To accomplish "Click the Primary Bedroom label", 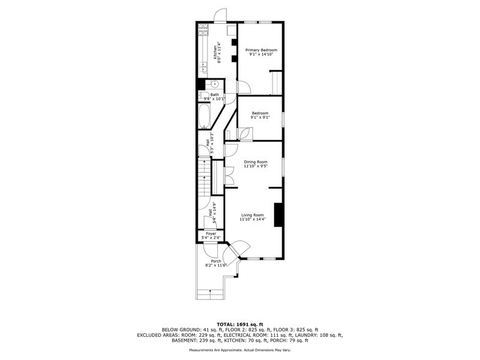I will click(261, 50).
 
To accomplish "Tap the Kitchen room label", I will click(215, 53).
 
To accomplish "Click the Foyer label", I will click(211, 234).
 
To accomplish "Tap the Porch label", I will click(216, 261).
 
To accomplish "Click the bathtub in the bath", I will click(204, 116).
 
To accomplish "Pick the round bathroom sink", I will click(215, 84).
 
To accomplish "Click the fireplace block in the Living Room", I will click(279, 215).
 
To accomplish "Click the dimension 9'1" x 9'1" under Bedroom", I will click(260, 118).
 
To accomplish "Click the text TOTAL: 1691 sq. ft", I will click(240, 324).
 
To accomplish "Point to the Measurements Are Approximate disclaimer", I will click(240, 350).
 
